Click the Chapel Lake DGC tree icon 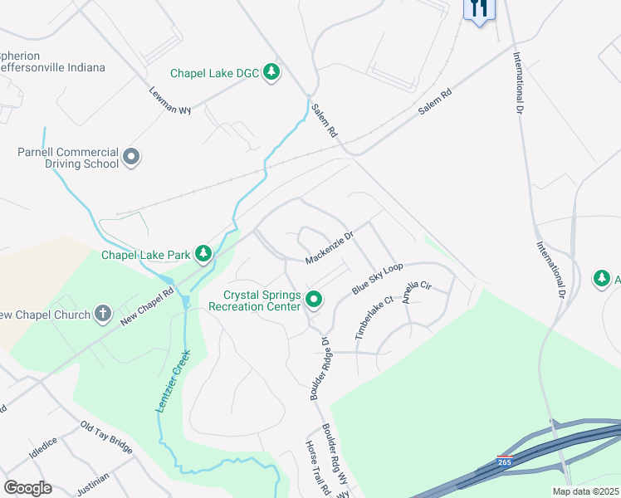271,73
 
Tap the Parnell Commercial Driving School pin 131,157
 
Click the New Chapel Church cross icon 102,313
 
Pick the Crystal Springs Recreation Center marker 314,299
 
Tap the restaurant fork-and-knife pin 479,9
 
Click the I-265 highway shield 504,461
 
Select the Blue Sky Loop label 377,278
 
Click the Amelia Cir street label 418,293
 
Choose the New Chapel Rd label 146,305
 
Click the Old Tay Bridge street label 106,437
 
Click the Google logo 27,488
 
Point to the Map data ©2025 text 584,491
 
